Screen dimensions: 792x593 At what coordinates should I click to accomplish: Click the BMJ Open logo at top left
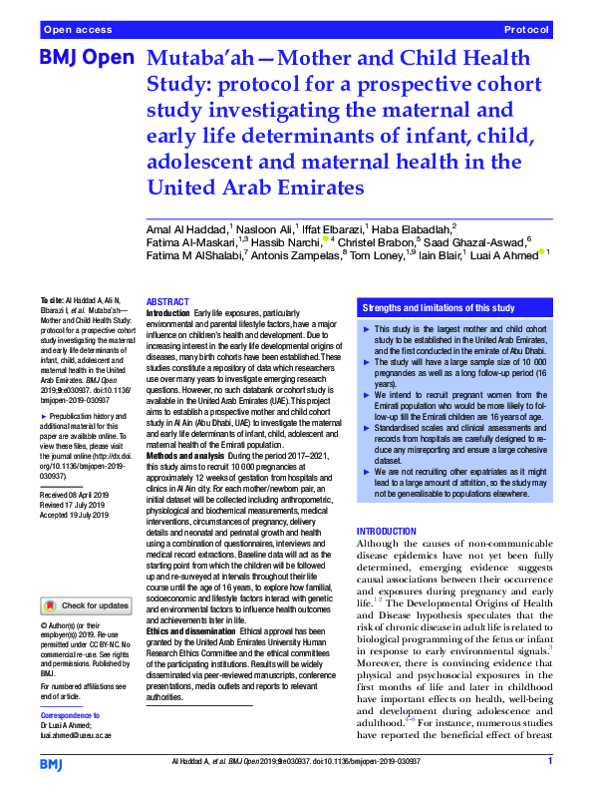87,58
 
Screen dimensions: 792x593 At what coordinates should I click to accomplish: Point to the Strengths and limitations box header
426,308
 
